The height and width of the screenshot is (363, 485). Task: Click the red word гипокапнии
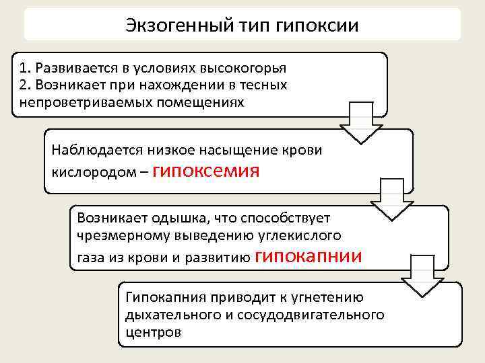click(x=309, y=255)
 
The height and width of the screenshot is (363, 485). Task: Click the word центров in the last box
click(x=153, y=332)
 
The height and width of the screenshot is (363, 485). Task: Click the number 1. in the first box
click(x=26, y=68)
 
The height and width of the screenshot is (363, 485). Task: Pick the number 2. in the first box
click(x=26, y=85)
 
